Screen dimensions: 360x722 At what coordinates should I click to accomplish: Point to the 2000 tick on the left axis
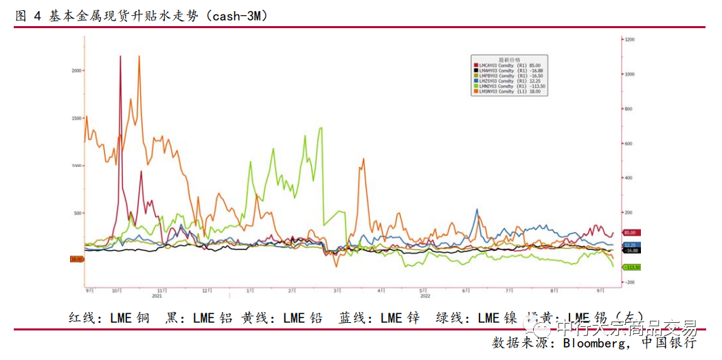coord(77,70)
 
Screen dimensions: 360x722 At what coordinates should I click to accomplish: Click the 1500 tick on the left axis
coord(77,118)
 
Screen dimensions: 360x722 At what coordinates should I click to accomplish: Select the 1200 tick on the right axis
coord(629,40)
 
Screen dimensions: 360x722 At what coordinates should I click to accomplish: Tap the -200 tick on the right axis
coord(629,282)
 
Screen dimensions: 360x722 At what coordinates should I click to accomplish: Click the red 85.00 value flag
coord(631,234)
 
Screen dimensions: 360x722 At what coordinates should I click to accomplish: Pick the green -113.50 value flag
coord(631,267)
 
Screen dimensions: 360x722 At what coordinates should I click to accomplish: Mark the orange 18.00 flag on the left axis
coord(76,259)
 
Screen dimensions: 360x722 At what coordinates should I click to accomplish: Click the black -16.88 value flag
coord(631,251)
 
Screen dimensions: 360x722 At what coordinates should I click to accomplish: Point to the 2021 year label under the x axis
coord(157,296)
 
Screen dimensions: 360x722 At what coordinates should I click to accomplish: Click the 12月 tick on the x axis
coord(205,291)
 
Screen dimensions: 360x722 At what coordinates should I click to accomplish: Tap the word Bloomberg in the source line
coord(593,341)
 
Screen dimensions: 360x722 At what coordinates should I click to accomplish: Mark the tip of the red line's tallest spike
coord(120,56)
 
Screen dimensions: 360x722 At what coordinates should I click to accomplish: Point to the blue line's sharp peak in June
coord(477,210)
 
